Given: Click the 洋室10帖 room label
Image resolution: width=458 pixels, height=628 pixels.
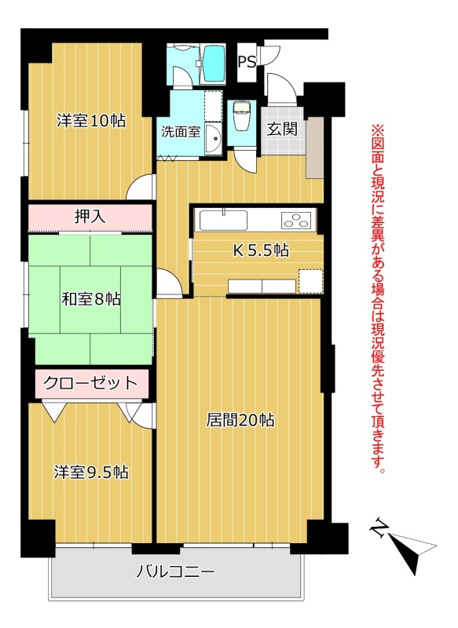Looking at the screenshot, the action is (x=91, y=120).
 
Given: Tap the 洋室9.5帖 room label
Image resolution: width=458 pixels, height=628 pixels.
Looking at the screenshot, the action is (x=91, y=473).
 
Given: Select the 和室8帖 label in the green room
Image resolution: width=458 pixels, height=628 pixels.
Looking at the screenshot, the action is (x=91, y=299).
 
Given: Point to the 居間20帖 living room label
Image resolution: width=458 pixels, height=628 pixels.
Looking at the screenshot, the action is (x=240, y=420).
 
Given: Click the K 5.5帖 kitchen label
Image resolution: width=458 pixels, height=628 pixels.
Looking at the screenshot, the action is (x=261, y=250).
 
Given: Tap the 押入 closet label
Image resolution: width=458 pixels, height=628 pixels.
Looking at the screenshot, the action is (x=90, y=217).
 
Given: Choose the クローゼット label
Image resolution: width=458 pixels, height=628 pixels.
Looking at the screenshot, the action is (x=90, y=383).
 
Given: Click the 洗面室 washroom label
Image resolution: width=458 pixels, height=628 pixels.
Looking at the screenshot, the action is (x=181, y=132).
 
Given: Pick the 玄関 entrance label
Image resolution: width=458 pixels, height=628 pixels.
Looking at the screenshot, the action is (x=282, y=129).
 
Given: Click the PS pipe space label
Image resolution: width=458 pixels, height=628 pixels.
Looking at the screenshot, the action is (x=247, y=62).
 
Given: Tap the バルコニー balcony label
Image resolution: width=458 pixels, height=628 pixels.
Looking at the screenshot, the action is (x=175, y=571).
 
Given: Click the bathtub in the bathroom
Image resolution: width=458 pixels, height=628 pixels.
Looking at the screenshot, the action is (x=213, y=64).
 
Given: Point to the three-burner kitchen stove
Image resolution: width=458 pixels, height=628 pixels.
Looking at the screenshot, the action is (x=296, y=221).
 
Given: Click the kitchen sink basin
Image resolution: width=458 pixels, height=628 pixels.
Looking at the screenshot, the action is (x=223, y=221).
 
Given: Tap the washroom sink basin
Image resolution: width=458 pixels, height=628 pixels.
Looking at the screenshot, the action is (x=214, y=139).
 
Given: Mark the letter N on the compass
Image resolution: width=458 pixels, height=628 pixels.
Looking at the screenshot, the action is (x=378, y=528).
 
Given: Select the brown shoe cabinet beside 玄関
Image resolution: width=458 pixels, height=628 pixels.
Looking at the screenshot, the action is (x=315, y=148).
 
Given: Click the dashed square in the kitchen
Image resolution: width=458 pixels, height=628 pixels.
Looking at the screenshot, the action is (x=310, y=281).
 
